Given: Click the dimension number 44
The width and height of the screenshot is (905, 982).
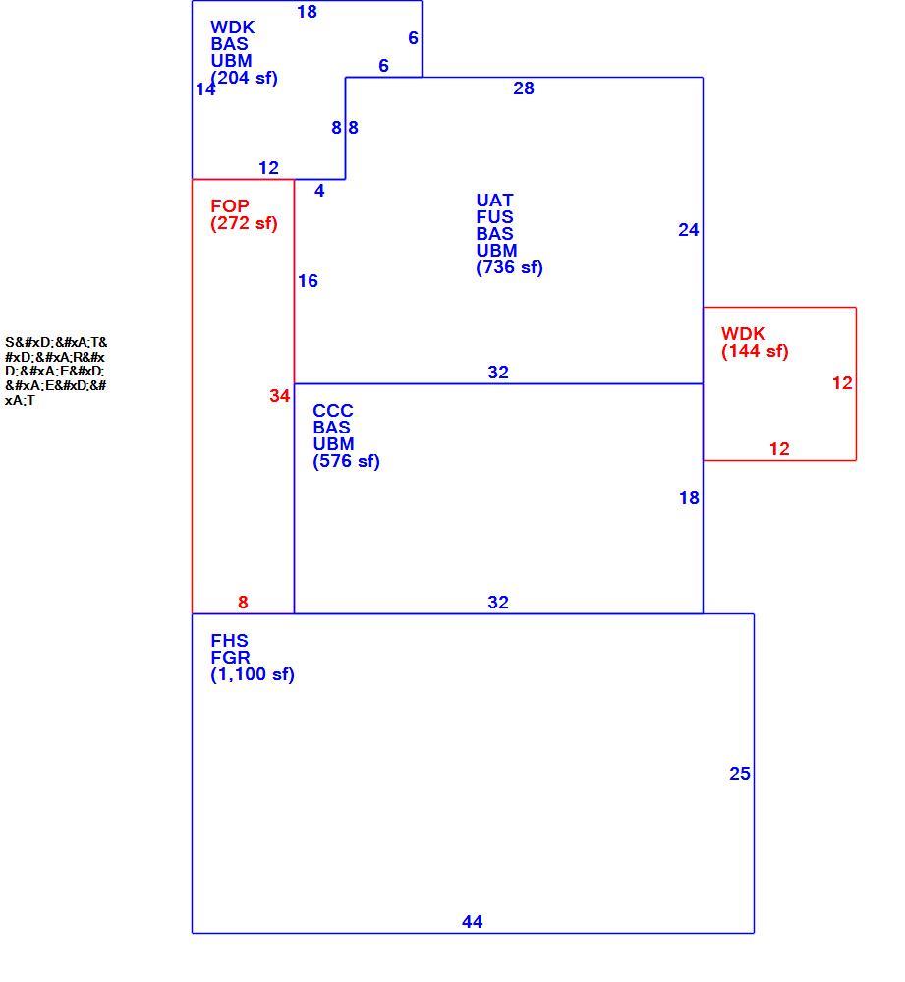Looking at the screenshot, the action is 472,921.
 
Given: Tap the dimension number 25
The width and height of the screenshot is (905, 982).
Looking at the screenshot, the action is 739,774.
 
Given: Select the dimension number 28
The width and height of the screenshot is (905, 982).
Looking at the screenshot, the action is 523,88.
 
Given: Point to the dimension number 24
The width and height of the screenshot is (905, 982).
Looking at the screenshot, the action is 689,230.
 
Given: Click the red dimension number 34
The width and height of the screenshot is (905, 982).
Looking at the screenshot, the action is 280,396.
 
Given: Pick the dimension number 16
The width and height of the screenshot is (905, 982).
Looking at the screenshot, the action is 308,280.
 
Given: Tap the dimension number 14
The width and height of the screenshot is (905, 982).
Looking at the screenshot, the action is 205,89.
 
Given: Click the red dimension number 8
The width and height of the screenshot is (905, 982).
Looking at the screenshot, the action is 243,602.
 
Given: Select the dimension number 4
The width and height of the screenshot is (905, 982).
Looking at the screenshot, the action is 319,191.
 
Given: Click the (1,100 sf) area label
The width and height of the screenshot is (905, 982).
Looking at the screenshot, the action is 253,674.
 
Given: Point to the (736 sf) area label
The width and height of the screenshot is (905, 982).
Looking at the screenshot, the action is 509,267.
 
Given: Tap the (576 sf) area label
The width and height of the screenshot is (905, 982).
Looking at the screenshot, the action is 346,461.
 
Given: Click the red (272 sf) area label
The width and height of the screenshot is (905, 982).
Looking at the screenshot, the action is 244,223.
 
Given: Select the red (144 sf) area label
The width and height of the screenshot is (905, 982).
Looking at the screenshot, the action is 755,351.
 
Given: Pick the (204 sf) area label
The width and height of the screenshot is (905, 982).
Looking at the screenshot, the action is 244,78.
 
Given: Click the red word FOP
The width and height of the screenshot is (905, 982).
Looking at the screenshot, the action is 230,206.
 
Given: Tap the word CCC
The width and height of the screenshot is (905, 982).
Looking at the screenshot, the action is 333,411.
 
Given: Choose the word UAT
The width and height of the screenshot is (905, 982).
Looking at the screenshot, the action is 494,201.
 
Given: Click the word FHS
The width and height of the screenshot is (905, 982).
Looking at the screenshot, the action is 229,641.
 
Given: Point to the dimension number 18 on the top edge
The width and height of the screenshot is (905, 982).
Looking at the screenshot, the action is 307,12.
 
